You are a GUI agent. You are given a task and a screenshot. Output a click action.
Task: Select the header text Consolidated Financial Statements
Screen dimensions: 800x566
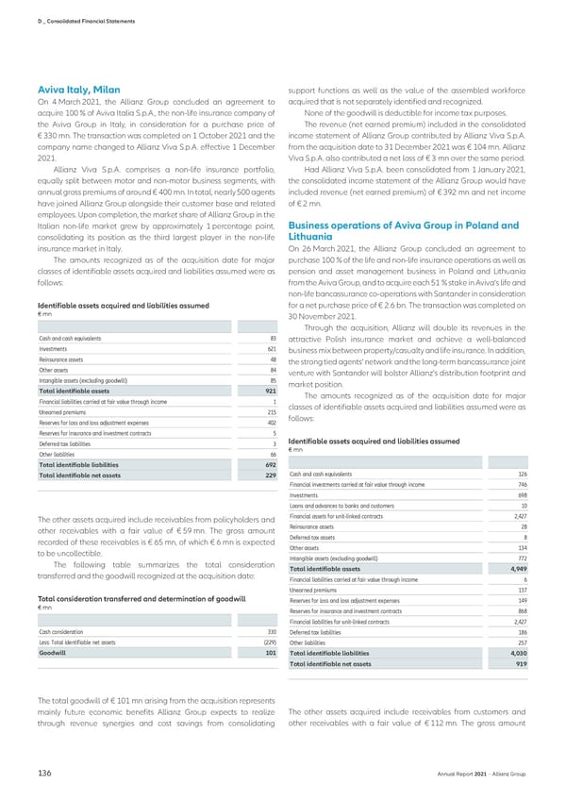pyautogui.click(x=70, y=11)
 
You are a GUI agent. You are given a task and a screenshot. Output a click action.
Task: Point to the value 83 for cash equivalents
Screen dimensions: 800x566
pyautogui.click(x=271, y=338)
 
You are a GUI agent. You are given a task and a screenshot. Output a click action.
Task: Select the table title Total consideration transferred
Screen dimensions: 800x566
pyautogui.click(x=139, y=572)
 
